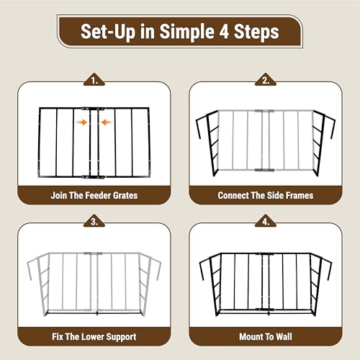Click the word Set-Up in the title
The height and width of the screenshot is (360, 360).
pos(108,32)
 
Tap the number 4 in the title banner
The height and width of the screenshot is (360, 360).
pos(224,32)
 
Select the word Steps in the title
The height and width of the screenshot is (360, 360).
pos(256,32)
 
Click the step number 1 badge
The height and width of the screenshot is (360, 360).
pos(94,80)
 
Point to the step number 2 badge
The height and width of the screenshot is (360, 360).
pos(266,80)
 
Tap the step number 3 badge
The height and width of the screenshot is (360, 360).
pos(94,221)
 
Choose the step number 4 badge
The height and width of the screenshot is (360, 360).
pos(266,221)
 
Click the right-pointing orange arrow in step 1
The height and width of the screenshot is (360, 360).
pos(81,122)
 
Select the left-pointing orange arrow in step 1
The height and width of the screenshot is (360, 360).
pos(107,122)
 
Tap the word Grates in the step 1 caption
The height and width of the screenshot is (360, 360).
pos(125,195)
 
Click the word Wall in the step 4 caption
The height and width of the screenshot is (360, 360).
pos(284,336)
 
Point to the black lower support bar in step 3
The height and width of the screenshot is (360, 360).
pos(94,312)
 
